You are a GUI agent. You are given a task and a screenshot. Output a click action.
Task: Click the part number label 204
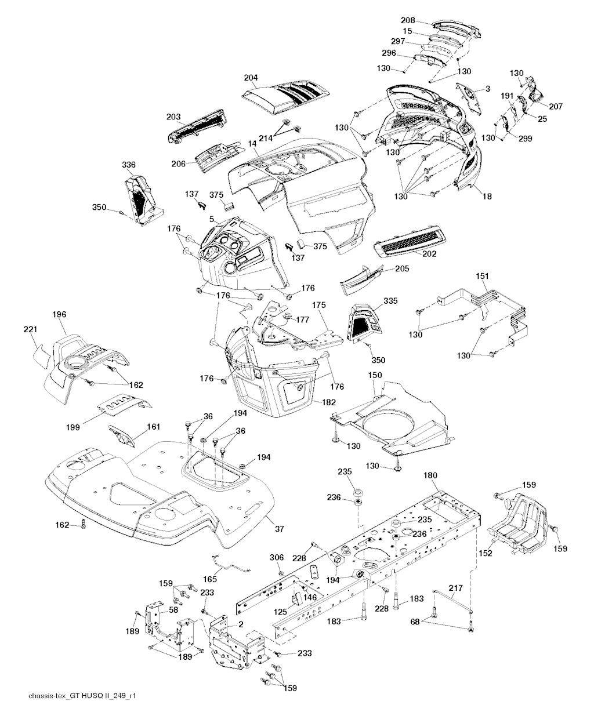pos(251,78)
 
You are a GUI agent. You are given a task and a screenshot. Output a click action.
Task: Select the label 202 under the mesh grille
pos(430,253)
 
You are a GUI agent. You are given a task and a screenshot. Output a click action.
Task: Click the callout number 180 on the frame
pos(430,475)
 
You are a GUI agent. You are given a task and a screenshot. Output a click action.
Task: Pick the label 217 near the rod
pos(456,588)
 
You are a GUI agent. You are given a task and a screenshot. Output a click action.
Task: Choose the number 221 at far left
pos(30,330)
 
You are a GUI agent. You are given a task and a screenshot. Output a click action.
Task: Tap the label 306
pos(277,557)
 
